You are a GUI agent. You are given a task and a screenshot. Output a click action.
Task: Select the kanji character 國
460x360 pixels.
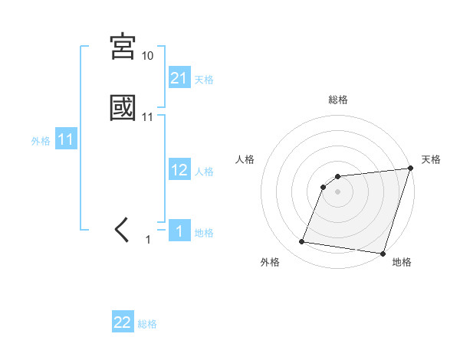pos(123,108)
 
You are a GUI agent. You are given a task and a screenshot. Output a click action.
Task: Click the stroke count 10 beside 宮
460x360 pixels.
pos(147,56)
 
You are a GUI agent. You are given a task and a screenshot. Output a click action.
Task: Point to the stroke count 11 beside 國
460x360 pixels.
pos(147,116)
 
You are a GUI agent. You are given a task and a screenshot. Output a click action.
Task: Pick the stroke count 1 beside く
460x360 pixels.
pos(148,240)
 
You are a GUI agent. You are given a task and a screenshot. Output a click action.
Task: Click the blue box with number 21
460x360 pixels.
pos(179,78)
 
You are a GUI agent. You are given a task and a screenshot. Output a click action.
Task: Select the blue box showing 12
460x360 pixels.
pos(179,170)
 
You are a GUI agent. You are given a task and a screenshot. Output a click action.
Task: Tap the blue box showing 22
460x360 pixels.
pos(123,322)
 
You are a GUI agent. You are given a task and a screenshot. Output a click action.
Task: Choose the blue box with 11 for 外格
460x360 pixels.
pos(66,140)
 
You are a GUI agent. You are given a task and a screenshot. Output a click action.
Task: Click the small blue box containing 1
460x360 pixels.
pos(179,231)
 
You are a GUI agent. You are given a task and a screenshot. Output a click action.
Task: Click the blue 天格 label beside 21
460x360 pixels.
pos(204,80)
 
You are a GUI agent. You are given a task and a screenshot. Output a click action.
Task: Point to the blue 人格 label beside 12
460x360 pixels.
pos(204,172)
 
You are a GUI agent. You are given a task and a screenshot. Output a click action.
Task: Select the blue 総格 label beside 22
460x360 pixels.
pos(147,324)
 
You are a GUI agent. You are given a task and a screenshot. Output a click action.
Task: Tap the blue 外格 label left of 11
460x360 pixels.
pos(41,141)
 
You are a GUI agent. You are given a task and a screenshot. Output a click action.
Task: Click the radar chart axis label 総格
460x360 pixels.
pos(338,100)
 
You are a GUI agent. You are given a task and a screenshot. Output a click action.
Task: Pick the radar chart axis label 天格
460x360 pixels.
pos(431,159)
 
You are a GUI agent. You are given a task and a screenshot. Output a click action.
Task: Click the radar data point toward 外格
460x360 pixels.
pos(302,242)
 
